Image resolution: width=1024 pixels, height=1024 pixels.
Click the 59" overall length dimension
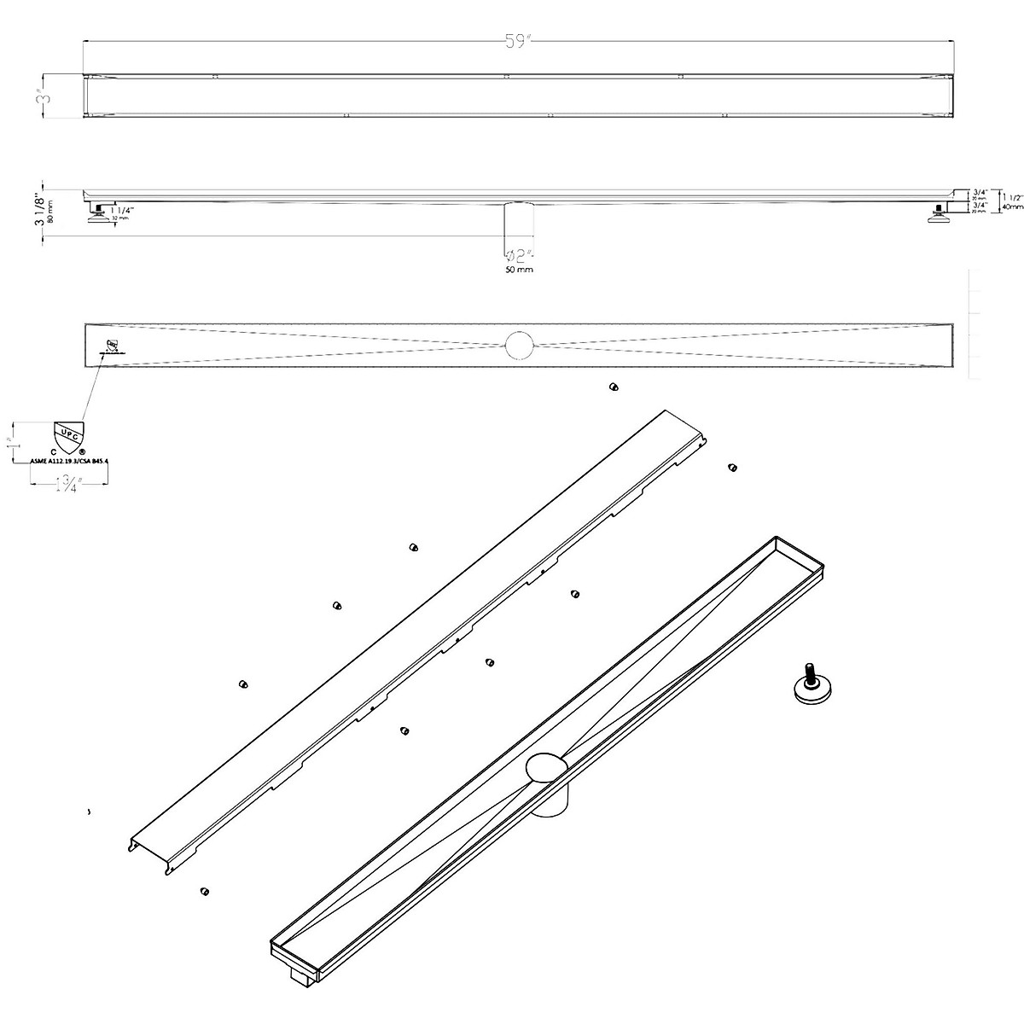tap(518, 43)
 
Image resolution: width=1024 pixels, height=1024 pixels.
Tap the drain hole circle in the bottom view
tap(519, 345)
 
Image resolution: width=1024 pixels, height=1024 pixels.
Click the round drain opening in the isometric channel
tap(546, 767)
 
